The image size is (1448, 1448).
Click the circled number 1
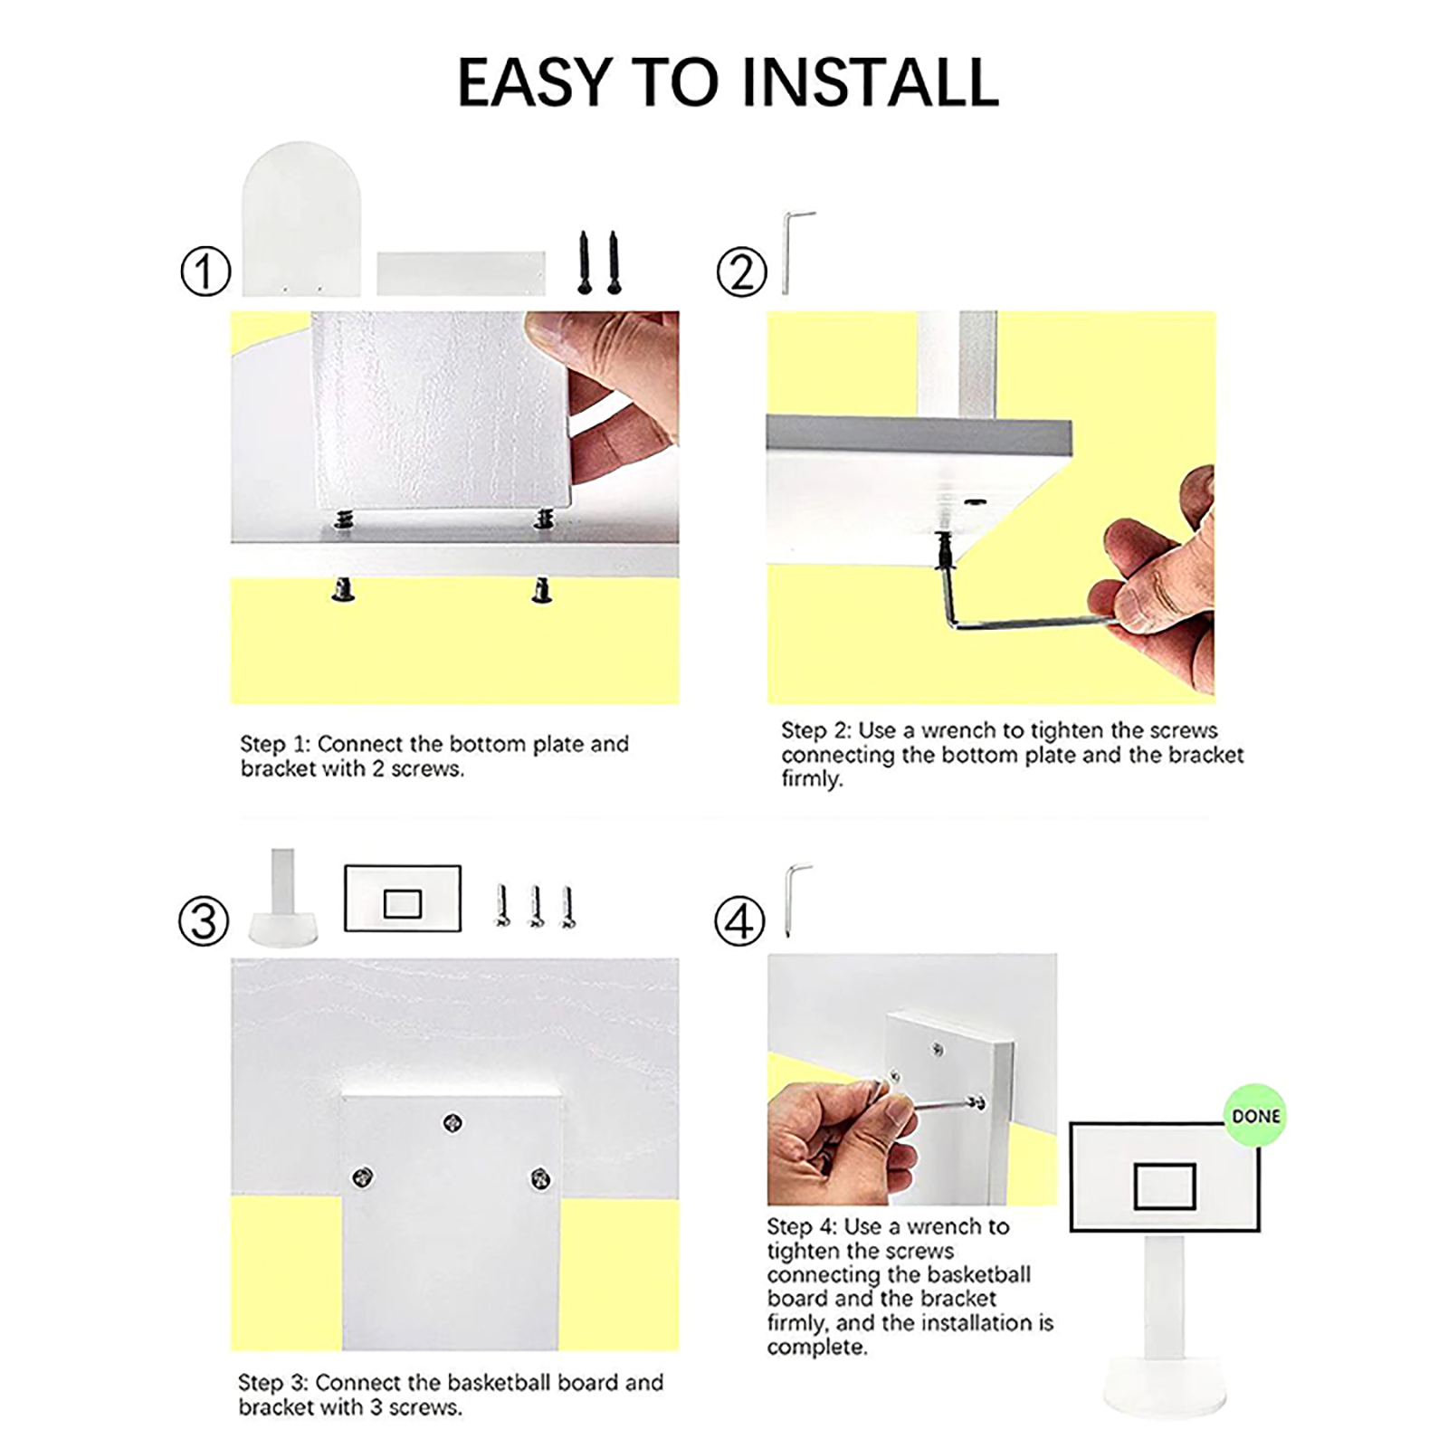(205, 271)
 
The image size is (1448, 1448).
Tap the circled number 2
(741, 271)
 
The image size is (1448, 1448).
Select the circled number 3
(203, 921)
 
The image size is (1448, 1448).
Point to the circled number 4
(739, 921)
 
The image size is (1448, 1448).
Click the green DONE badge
(1255, 1116)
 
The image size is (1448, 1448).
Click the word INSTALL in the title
(870, 82)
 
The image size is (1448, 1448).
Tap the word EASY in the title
(535, 82)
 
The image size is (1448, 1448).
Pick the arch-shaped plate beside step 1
(301, 219)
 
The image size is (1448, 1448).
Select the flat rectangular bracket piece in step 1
(461, 273)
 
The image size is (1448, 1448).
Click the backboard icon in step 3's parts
(403, 899)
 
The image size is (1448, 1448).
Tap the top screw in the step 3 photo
(452, 1123)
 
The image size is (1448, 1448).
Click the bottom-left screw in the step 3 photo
(362, 1176)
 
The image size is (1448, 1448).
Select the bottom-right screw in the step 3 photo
(540, 1178)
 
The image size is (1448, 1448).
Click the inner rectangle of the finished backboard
(1165, 1186)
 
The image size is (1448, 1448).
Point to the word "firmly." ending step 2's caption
(812, 779)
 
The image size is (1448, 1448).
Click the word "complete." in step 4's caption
(817, 1348)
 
